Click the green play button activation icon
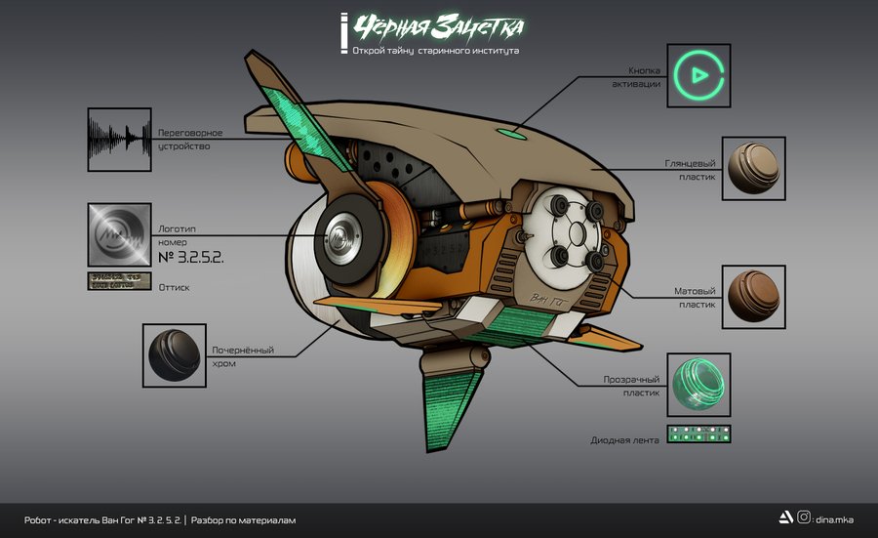click(699, 74)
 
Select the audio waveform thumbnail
click(118, 140)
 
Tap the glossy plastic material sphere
click(754, 168)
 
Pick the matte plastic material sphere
click(754, 296)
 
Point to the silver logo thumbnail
click(118, 234)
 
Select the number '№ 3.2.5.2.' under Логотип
click(191, 258)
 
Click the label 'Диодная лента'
click(624, 440)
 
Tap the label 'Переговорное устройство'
click(190, 139)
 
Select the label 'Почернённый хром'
click(243, 356)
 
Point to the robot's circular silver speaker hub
click(341, 236)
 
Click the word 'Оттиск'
click(174, 288)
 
